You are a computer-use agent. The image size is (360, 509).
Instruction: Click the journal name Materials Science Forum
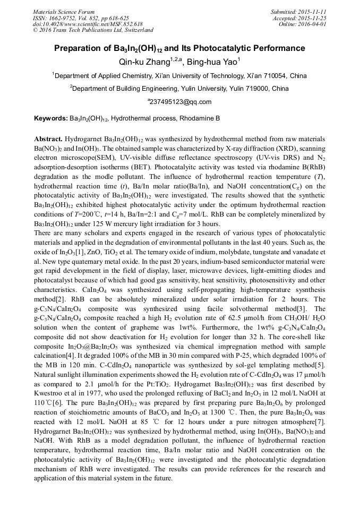tap(64, 11)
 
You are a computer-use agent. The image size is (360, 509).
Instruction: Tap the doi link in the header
tap(88, 24)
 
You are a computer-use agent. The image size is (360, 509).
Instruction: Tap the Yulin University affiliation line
tap(179, 89)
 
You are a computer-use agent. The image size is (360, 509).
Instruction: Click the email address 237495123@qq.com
tap(180, 102)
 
